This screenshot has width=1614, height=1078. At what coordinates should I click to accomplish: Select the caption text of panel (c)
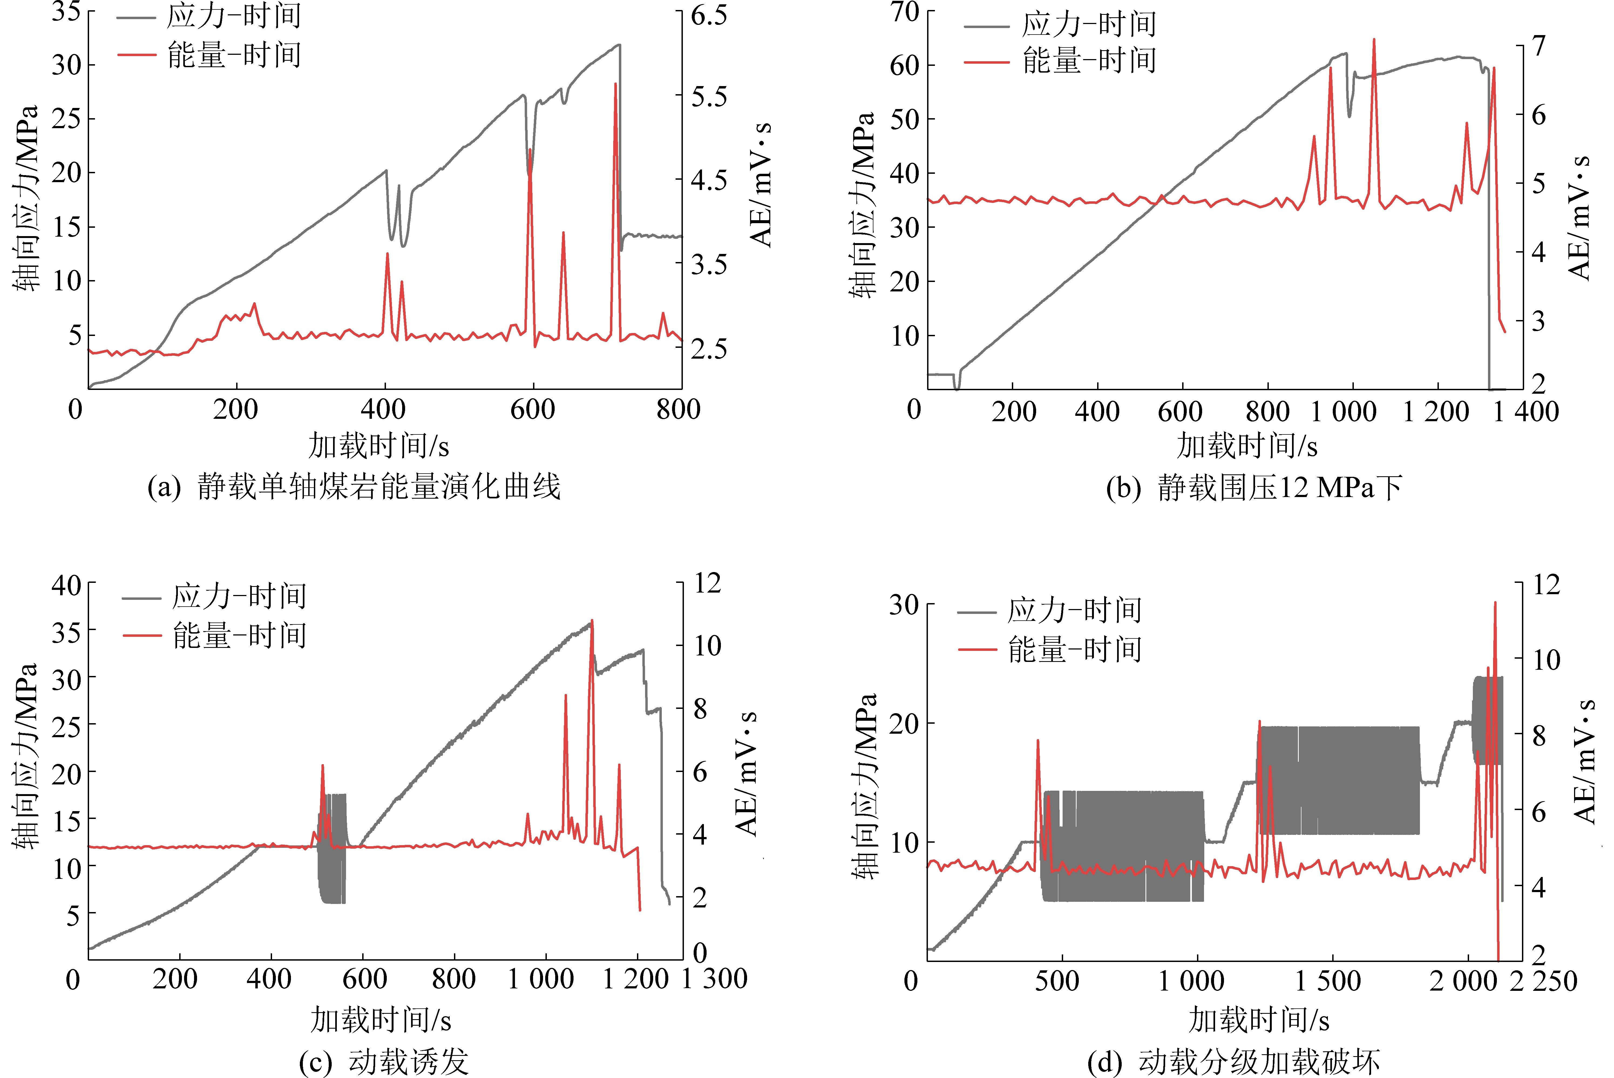pos(384,1061)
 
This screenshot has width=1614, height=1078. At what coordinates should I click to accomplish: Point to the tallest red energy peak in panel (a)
pos(615,84)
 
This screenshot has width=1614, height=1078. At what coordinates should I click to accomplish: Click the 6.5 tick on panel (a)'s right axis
pos(708,15)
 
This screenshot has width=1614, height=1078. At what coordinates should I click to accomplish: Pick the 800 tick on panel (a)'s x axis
pos(678,410)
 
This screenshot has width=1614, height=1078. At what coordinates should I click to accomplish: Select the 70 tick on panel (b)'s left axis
pos(905,12)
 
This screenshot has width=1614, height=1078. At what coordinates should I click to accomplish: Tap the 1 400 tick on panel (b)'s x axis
pos(1525,411)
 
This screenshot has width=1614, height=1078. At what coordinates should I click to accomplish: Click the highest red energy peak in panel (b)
pos(1374,40)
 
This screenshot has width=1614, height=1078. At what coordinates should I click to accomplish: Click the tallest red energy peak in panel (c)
pos(592,621)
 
